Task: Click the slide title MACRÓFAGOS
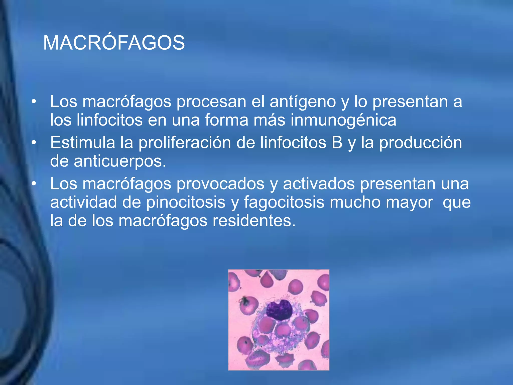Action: pyautogui.click(x=114, y=43)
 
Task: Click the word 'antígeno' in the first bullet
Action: pyautogui.click(x=303, y=102)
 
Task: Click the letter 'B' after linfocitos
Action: pyautogui.click(x=337, y=143)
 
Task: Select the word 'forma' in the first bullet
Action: pyautogui.click(x=226, y=120)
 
